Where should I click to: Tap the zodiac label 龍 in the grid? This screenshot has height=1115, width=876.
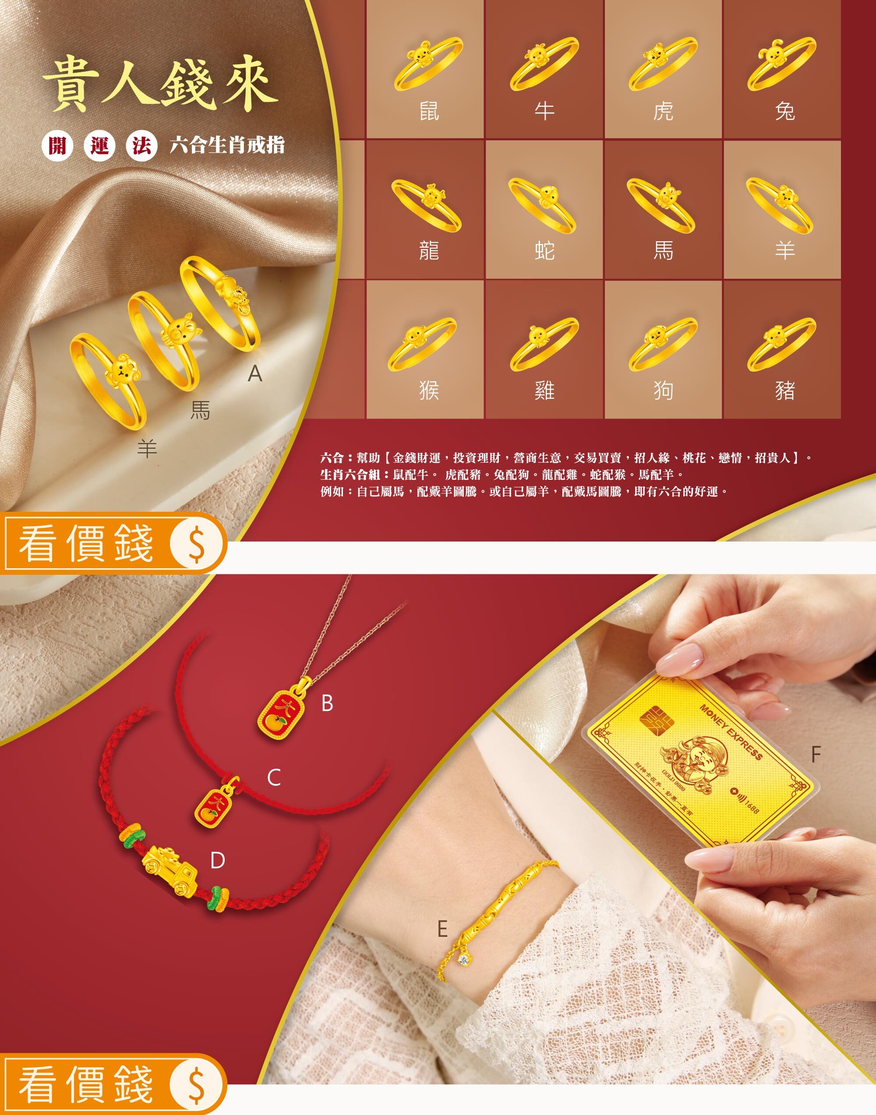tap(429, 251)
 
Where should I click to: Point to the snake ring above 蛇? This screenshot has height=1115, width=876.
tap(542, 204)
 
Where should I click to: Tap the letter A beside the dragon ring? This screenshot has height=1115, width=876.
tap(255, 374)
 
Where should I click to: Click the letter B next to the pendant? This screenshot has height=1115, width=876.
tap(327, 703)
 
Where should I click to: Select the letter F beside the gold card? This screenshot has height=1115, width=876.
tap(816, 754)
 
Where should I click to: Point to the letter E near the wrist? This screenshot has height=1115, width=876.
tap(442, 929)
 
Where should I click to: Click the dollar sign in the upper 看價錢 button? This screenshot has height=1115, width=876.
tap(196, 543)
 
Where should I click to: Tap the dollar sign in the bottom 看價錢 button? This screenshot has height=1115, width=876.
tap(196, 1085)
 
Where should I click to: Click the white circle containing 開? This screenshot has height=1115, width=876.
tap(57, 146)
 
